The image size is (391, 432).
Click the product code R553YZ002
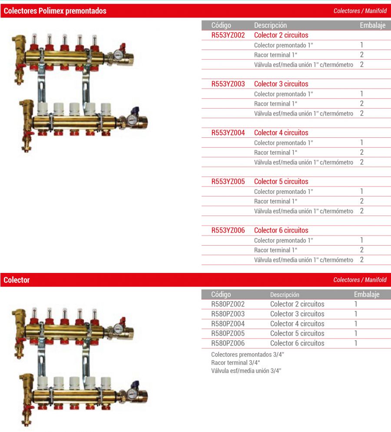pos(228,35)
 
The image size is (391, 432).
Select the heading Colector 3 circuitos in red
pos(281,84)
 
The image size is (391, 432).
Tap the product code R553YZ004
pos(228,133)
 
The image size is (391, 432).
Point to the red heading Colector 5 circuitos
pos(281,182)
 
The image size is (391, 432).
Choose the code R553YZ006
pos(228,230)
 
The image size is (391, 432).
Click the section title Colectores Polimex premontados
pos(55,11)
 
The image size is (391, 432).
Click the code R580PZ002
pos(228,304)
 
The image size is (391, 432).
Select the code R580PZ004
pos(228,324)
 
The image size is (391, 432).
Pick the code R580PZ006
pos(228,343)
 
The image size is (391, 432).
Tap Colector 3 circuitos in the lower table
pos(297,314)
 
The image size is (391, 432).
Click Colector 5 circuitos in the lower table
pos(297,333)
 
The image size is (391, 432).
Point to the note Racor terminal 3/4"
pos(235,362)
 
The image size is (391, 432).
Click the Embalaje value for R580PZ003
pos(356,314)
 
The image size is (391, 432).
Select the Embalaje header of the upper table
pos(372,25)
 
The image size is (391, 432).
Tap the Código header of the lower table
pos(221,295)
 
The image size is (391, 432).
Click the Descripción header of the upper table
pos(270,25)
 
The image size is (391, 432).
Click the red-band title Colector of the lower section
pos(17,280)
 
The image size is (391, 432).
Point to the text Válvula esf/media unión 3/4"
pos(246,370)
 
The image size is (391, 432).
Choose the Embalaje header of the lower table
pos(367,295)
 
